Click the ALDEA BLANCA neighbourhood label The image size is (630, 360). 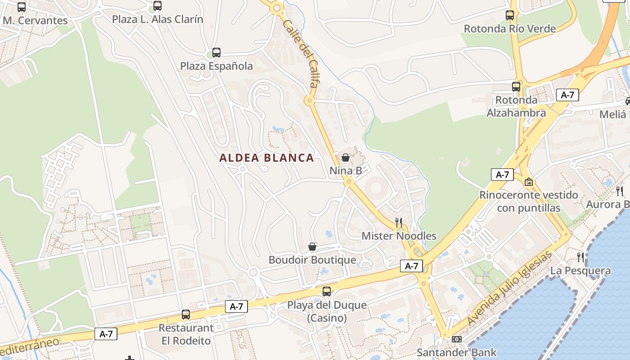[x=266, y=158]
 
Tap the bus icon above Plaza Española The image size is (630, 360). [x=216, y=53]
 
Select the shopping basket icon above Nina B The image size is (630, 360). [x=346, y=157]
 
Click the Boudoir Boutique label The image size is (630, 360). [x=312, y=260]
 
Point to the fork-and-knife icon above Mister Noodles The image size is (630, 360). [x=399, y=222]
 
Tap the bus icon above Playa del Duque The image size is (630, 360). [x=327, y=292]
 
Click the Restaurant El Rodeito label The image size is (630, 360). [x=186, y=334]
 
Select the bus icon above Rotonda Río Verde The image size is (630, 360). [x=510, y=15]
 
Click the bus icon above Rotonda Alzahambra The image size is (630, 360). [x=516, y=87]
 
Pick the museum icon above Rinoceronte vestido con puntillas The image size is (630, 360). [x=529, y=182]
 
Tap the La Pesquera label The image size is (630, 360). [x=580, y=271]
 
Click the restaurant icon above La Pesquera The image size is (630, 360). [x=581, y=257]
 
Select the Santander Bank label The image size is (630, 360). [x=456, y=352]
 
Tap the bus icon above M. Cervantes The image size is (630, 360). [x=22, y=7]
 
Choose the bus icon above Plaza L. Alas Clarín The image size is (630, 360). [x=157, y=6]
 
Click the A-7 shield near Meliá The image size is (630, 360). [x=567, y=95]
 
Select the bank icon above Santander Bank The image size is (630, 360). [x=457, y=339]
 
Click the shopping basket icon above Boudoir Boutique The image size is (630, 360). [x=312, y=247]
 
